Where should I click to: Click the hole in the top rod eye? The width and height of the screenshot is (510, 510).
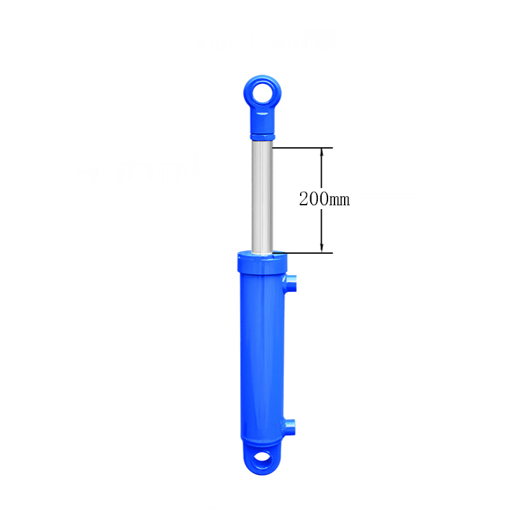[x=262, y=94]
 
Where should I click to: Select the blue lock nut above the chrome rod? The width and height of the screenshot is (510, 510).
[x=262, y=136]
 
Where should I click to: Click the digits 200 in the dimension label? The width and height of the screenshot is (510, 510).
[x=313, y=198]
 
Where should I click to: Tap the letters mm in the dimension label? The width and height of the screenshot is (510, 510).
[x=340, y=200]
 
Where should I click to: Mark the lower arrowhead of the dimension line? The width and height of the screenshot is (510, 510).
[x=322, y=249]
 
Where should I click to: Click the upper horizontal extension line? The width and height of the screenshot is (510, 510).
[x=303, y=148]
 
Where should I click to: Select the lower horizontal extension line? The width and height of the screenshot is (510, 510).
[x=306, y=252]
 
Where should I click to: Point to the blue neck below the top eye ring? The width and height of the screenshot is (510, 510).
[x=262, y=119]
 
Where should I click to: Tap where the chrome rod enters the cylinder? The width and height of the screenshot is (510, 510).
[x=262, y=253]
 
